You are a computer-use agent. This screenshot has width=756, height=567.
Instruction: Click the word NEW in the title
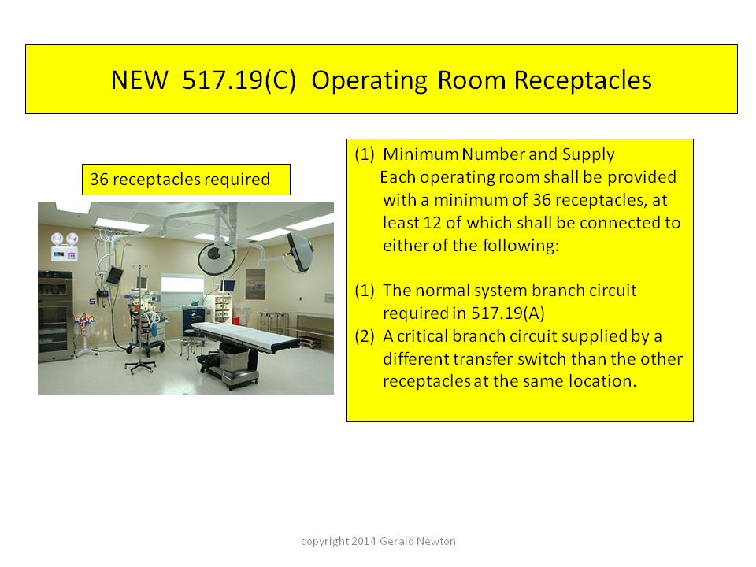click(x=139, y=80)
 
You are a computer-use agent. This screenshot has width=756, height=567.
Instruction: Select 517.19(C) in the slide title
click(x=239, y=80)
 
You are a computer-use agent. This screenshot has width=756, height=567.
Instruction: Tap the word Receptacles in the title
click(x=583, y=80)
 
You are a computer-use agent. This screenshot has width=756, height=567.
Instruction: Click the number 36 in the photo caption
click(x=99, y=180)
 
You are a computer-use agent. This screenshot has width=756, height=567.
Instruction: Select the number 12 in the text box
click(x=432, y=223)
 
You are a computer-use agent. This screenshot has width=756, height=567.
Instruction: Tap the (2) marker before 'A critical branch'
click(x=365, y=336)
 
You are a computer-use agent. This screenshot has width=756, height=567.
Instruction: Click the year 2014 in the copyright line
click(x=364, y=541)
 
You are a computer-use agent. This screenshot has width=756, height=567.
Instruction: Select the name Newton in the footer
click(x=435, y=541)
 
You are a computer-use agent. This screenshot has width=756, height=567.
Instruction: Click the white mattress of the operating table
click(x=246, y=334)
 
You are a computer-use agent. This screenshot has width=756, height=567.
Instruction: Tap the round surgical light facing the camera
click(x=217, y=258)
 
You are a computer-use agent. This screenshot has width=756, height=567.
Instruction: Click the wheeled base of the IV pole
click(x=140, y=368)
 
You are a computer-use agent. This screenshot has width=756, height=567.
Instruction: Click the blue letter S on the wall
click(x=92, y=302)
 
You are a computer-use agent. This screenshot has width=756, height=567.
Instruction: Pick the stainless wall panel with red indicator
click(x=255, y=284)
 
